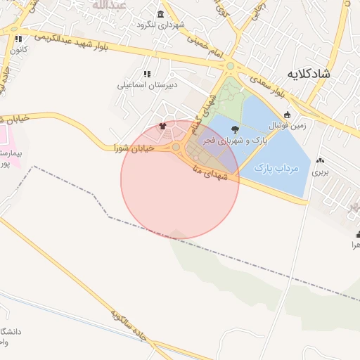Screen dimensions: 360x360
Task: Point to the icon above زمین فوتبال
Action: coord(286,115)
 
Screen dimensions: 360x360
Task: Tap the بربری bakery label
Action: coord(321,171)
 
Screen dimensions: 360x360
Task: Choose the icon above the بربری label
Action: coord(321,160)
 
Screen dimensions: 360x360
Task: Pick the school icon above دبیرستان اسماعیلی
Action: coord(146,73)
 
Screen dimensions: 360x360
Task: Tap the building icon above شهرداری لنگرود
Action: coord(161,15)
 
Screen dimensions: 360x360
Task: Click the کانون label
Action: coord(19,51)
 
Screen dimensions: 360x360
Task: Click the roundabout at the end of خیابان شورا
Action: coord(175,147)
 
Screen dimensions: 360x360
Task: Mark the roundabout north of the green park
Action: coord(230,67)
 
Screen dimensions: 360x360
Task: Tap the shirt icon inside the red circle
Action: coord(164,127)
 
